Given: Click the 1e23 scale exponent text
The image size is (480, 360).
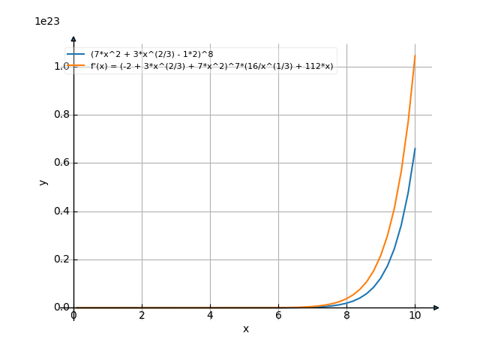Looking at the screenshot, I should (47, 22).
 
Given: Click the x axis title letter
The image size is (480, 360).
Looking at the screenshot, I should (245, 329).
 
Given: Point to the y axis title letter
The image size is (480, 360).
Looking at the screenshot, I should (43, 181).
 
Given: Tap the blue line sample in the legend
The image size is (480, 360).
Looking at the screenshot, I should (76, 55).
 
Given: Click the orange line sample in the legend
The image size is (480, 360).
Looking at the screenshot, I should (76, 67).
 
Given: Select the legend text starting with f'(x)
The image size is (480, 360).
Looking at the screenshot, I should (211, 67).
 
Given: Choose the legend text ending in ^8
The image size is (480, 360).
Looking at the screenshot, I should (151, 55).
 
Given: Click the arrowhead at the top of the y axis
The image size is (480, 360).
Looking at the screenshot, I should (73, 38).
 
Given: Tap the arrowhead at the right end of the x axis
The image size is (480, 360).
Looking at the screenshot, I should (436, 307).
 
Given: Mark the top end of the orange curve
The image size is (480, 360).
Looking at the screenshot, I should (415, 55).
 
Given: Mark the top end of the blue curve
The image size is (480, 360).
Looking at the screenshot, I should (415, 148).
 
